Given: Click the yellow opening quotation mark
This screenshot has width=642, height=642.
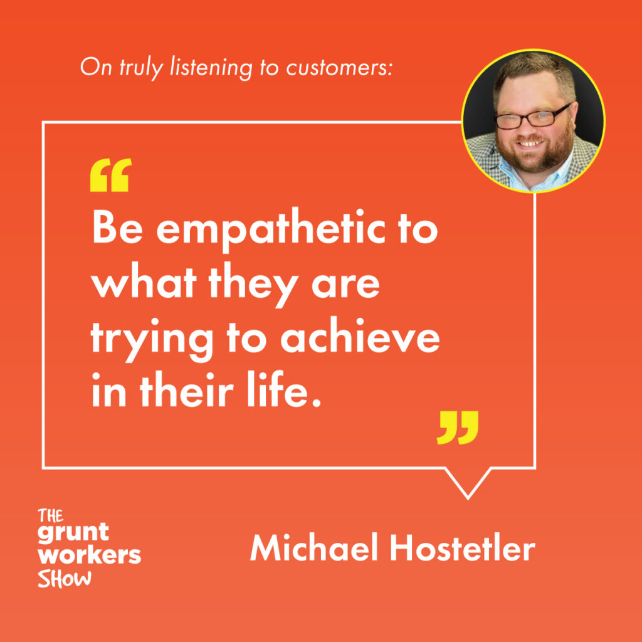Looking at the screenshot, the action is click(x=110, y=175).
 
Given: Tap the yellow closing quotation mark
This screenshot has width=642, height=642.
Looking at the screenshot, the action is click(x=457, y=428).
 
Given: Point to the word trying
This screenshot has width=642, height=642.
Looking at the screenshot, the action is click(x=152, y=340).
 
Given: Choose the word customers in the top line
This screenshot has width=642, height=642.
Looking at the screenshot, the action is click(x=339, y=67).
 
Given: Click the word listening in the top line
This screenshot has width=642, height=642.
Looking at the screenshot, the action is click(x=211, y=68).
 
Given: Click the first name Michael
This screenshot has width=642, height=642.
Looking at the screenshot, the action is click(x=314, y=547).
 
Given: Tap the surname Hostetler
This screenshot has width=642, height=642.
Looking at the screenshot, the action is click(x=463, y=547).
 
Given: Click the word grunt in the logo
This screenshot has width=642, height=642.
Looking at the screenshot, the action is click(x=73, y=533).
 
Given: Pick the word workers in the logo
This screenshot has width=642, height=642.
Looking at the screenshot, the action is click(x=89, y=555).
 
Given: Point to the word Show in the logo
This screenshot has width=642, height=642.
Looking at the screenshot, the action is click(x=65, y=578).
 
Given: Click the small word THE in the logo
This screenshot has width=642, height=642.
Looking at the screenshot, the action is click(x=50, y=515).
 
